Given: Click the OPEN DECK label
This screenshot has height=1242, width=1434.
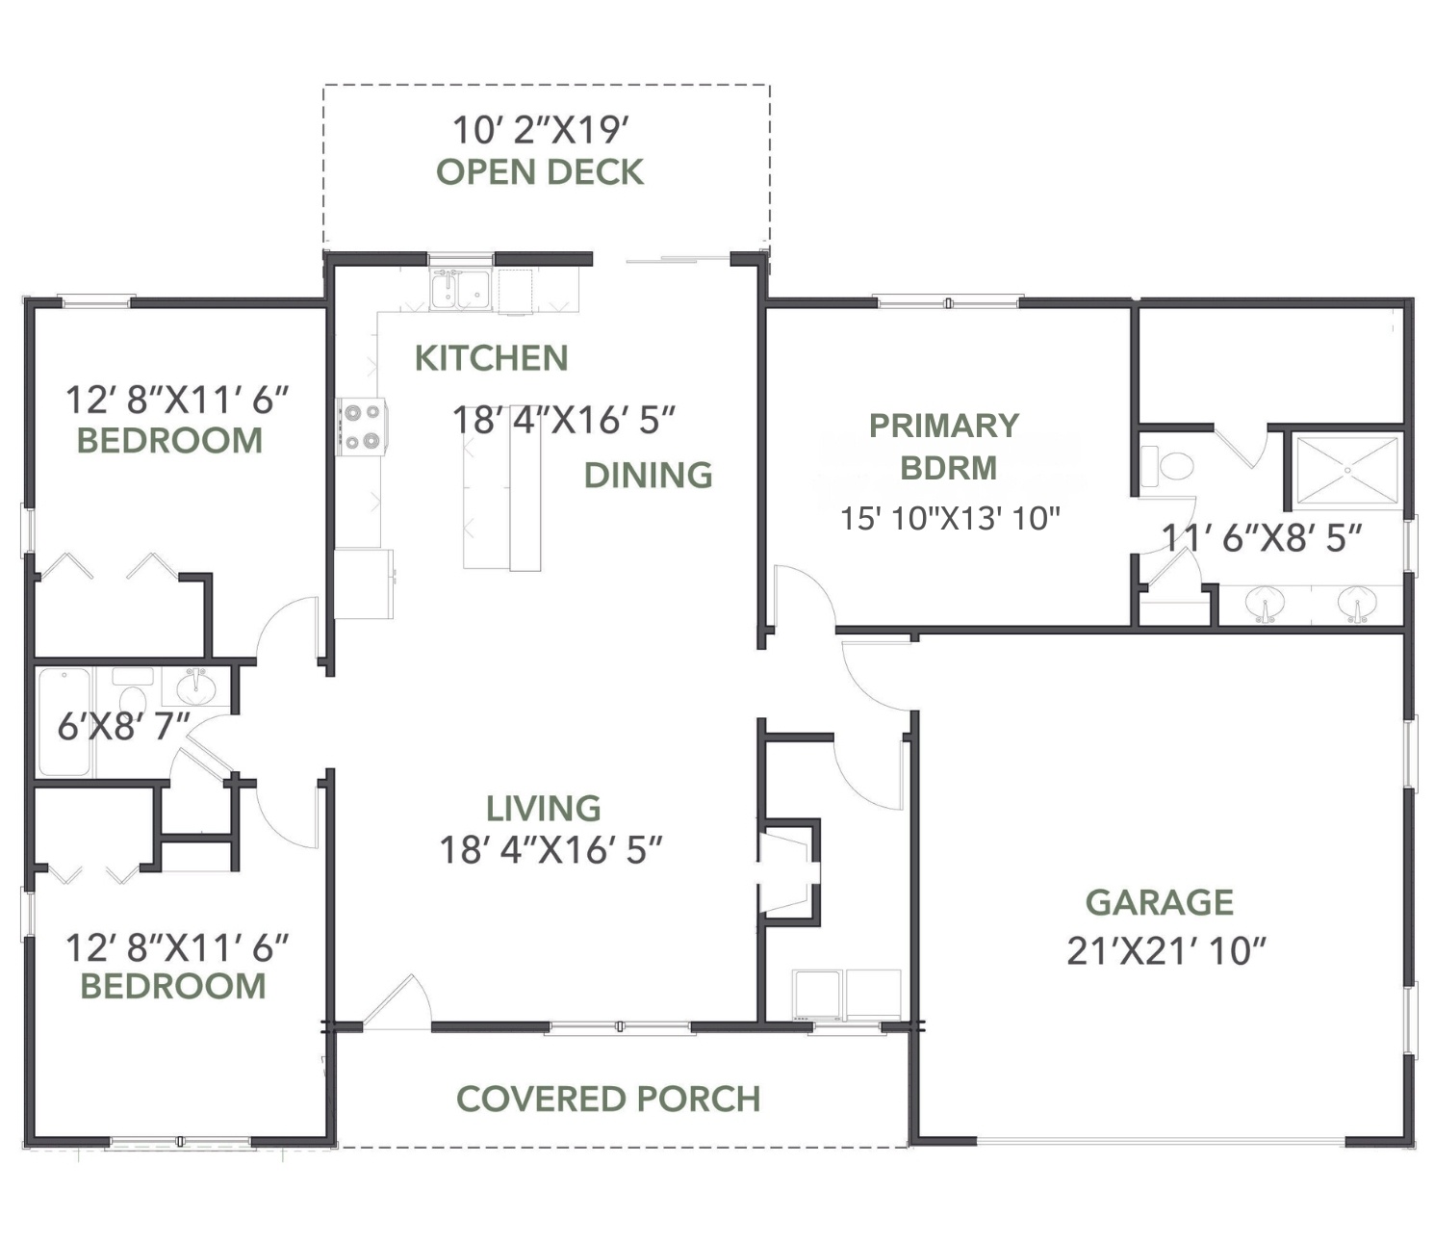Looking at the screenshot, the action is [x=540, y=172].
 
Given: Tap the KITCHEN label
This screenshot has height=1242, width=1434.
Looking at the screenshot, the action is [x=491, y=358].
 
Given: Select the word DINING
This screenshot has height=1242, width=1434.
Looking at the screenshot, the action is [x=648, y=476].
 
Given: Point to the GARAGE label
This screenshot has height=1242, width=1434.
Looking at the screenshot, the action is [x=1160, y=902].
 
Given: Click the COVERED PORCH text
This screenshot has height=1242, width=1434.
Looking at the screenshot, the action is [x=608, y=1099].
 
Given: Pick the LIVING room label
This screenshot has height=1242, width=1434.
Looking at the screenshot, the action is [x=543, y=809].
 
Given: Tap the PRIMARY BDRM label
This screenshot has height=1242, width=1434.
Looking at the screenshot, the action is [x=944, y=446].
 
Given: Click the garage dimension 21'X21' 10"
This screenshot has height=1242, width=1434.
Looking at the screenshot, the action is [x=1166, y=950].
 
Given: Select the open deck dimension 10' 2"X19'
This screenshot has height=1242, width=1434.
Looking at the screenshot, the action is [x=540, y=130].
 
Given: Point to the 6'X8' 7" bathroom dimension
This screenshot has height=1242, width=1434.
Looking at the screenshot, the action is [x=123, y=727].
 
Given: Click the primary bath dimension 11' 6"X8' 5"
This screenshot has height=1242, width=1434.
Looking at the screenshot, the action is [x=1262, y=538].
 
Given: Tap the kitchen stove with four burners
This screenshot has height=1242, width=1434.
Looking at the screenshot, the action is [x=362, y=427].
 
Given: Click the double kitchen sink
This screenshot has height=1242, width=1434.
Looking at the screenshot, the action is [x=460, y=289].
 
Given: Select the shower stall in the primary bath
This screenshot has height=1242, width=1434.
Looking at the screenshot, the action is [x=1346, y=470].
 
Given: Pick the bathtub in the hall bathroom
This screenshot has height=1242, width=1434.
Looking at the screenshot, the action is [x=64, y=721].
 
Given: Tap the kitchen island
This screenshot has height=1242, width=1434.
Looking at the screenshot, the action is [x=501, y=488].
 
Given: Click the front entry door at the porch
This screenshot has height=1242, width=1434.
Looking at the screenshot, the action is [x=397, y=1001].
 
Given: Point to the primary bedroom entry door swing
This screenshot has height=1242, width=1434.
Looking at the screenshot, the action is [x=805, y=598].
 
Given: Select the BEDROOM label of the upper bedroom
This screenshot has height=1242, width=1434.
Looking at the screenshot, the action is [x=170, y=441].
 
